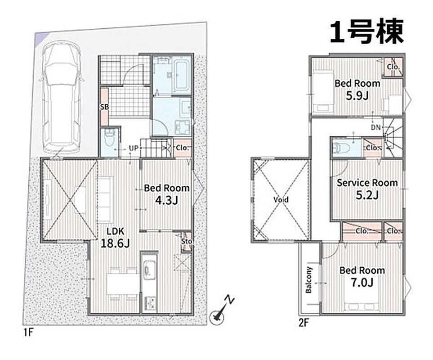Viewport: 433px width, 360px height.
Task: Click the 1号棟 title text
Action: tap(366, 31)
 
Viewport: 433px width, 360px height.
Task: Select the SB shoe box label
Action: tap(104, 107)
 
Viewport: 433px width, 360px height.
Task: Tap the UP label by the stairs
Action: tap(134, 148)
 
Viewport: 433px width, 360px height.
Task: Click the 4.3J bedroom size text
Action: tap(166, 200)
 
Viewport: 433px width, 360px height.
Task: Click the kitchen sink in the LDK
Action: tap(149, 269)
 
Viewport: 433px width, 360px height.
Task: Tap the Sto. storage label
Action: tap(187, 241)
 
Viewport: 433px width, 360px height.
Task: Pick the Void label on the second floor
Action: tap(281, 199)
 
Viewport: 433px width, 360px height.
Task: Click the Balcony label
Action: tap(308, 280)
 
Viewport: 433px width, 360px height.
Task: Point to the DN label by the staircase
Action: tap(375, 127)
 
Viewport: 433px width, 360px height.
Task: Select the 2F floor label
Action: tap(304, 323)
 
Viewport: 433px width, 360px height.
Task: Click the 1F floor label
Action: tap(28, 332)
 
